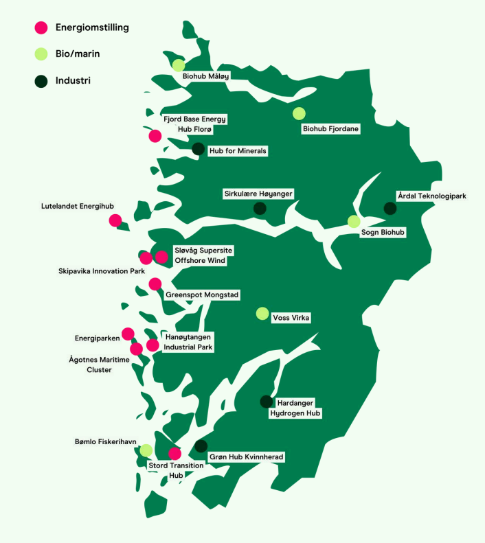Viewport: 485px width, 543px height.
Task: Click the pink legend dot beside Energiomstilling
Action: [x=41, y=27]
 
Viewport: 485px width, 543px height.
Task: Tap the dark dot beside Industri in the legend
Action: [x=41, y=80]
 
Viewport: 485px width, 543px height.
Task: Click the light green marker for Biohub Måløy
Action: [x=179, y=65]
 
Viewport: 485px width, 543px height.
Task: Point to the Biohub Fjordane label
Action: [x=331, y=128]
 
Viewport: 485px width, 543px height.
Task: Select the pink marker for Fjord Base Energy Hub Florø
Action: [x=155, y=136]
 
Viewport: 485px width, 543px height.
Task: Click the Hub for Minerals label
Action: [x=237, y=150]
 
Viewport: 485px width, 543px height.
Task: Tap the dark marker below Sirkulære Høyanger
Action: [x=260, y=209]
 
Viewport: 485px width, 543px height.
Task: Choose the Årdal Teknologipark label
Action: [x=431, y=196]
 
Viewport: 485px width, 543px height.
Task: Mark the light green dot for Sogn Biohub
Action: [x=354, y=221]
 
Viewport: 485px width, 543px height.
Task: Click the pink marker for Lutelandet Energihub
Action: [x=115, y=220]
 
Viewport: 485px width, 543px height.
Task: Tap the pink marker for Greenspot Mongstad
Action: [x=155, y=284]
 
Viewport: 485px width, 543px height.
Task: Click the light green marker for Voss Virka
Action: [x=262, y=314]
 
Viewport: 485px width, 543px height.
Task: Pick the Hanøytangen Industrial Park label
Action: [x=188, y=342]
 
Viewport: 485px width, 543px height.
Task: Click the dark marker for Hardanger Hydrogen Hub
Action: [x=266, y=402]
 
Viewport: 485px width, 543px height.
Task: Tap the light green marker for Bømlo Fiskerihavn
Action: [x=146, y=450]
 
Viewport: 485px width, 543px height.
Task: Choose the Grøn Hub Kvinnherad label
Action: [x=245, y=457]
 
